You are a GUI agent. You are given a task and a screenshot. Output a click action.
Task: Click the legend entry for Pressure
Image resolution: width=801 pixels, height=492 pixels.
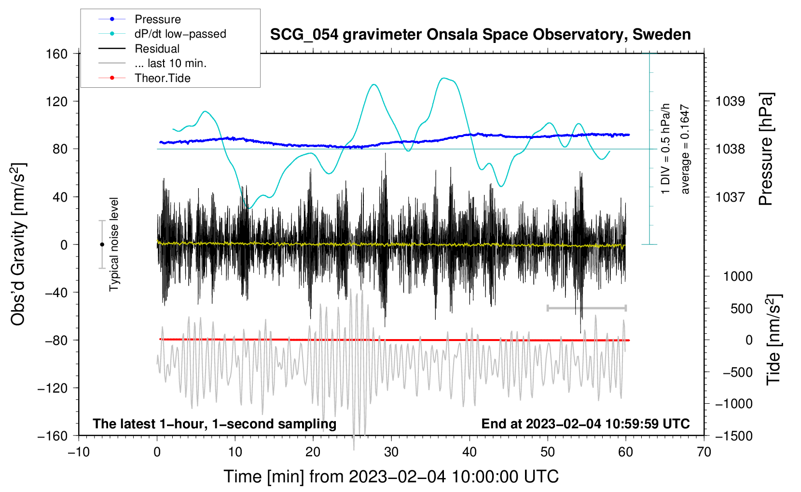pos(139,19)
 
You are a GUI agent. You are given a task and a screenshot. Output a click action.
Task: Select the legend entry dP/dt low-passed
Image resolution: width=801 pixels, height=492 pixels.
pos(162,34)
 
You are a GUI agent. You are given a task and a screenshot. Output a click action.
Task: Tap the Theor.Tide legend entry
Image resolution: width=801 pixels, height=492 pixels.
pos(144,78)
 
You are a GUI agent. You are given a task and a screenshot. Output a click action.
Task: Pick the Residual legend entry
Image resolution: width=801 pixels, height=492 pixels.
pos(139,49)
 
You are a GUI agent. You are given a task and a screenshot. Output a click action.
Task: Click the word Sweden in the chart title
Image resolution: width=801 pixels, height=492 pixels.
pos(662,35)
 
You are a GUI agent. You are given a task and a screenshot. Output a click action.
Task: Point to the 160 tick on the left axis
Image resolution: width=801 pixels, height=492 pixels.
pos(57,54)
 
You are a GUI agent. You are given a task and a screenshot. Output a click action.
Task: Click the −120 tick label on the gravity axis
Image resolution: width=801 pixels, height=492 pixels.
pos(53,388)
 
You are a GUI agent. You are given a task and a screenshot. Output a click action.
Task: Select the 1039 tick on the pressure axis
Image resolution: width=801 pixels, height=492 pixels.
pos(730,101)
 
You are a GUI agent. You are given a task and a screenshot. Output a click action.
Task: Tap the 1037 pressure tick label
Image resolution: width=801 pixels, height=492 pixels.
pos(730,197)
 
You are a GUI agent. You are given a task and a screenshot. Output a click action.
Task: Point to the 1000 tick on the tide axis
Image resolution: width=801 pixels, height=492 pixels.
pos(738,276)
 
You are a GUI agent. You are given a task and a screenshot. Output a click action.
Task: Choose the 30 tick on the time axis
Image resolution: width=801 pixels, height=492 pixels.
pos(391,452)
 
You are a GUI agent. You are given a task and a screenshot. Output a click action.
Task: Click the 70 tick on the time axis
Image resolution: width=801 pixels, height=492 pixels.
pos(704,452)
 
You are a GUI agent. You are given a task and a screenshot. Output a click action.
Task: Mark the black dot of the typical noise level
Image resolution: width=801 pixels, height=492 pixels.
pos(102,245)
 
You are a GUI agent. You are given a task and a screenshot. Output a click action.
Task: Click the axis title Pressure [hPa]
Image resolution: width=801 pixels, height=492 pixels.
pos(766,149)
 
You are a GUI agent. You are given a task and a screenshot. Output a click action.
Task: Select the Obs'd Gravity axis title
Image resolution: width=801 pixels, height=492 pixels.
pos(18,244)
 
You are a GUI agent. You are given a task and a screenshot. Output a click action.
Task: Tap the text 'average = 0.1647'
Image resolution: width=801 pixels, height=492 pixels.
pos(685,149)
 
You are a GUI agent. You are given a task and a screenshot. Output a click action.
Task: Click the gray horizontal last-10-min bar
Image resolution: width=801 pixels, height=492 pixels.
pos(586,308)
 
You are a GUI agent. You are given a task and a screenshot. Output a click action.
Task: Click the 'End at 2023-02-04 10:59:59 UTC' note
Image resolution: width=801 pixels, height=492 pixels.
pos(585,424)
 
